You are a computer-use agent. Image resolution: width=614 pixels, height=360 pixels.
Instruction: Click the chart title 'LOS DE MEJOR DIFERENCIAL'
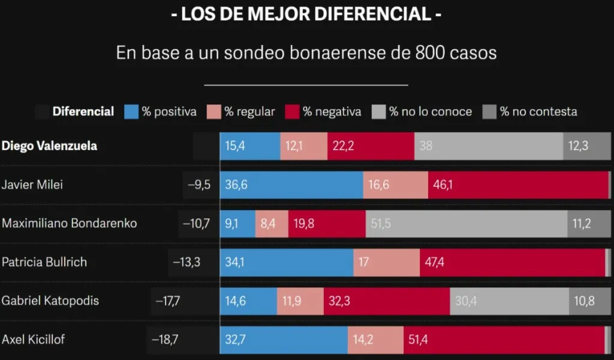click(306, 14)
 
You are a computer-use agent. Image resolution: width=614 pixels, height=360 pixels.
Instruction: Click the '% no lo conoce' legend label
click(430, 112)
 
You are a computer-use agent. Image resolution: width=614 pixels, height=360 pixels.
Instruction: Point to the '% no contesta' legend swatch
click(490, 112)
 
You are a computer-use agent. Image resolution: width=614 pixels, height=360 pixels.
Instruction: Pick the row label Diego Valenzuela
click(50, 146)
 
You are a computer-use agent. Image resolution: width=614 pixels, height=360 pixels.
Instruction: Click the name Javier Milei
click(32, 185)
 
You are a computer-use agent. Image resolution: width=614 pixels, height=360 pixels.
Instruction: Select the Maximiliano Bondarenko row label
click(70, 223)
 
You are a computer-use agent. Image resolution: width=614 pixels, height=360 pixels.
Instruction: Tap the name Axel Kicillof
click(33, 340)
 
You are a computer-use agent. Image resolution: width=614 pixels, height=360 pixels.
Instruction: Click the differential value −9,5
click(199, 185)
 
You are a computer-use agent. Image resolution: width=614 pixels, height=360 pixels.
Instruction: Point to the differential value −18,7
click(165, 340)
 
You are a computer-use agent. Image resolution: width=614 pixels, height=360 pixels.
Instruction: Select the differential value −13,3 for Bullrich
click(186, 262)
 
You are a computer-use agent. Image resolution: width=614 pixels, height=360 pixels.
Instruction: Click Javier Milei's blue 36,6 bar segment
click(291, 185)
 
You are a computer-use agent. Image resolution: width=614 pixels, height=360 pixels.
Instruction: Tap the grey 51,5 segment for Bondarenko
click(466, 223)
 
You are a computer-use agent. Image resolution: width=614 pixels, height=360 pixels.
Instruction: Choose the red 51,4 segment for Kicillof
click(504, 340)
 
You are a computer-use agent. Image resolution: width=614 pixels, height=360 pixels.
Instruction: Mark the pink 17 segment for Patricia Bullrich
click(386, 262)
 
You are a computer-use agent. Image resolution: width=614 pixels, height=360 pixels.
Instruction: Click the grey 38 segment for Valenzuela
click(488, 146)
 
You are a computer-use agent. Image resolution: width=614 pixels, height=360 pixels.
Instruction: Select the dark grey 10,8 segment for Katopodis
click(590, 301)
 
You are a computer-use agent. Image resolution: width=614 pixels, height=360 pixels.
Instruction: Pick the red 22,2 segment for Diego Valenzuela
click(371, 146)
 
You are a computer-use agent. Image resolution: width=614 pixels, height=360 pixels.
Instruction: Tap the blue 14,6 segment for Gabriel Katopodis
click(248, 301)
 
